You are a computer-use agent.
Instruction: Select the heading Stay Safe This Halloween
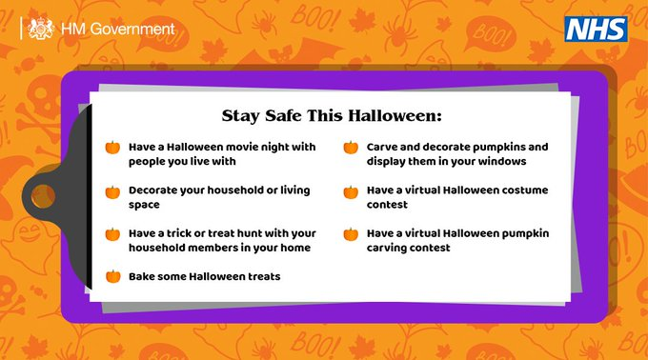point(333,116)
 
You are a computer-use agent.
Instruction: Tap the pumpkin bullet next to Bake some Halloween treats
point(112,277)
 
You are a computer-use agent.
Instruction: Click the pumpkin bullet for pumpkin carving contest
point(350,233)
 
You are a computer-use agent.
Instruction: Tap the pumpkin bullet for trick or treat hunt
point(112,233)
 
